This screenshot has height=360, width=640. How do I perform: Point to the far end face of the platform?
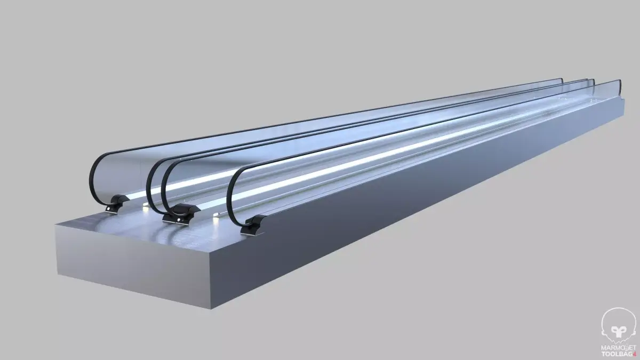pos(623,111)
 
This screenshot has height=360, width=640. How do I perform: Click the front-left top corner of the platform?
pos(57,225)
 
